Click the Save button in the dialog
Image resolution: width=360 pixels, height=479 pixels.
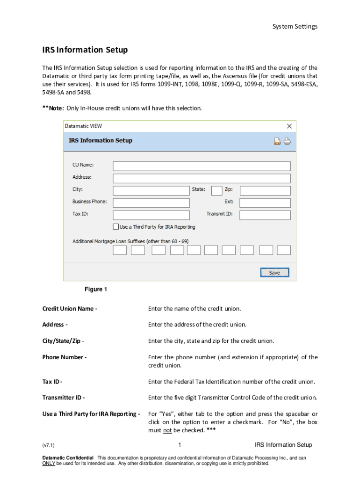(274, 273)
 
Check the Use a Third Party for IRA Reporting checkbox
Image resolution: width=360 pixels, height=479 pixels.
(116, 227)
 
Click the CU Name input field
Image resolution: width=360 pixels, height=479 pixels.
(202, 166)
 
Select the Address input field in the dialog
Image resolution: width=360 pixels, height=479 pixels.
(202, 178)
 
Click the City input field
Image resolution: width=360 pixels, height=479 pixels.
(151, 190)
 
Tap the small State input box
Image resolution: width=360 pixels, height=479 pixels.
(216, 190)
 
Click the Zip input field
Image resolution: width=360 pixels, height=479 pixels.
(265, 190)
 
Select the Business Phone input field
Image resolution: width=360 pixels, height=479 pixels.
(151, 203)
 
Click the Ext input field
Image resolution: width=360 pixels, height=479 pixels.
(265, 203)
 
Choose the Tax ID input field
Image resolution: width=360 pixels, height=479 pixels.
(151, 215)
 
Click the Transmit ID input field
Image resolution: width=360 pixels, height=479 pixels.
(265, 215)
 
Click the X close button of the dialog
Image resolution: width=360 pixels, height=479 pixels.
(289, 126)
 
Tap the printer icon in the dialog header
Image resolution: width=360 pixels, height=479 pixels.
(287, 141)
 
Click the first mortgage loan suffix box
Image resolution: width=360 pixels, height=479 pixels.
(120, 250)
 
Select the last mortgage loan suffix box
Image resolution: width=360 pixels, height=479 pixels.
(284, 250)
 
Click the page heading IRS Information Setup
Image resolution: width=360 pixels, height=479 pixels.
(85, 50)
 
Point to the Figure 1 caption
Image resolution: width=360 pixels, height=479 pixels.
(96, 290)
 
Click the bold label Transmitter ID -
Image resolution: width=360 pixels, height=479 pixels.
(64, 398)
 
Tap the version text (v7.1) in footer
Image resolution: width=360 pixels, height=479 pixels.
(48, 445)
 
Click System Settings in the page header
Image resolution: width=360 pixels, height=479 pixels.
(295, 27)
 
